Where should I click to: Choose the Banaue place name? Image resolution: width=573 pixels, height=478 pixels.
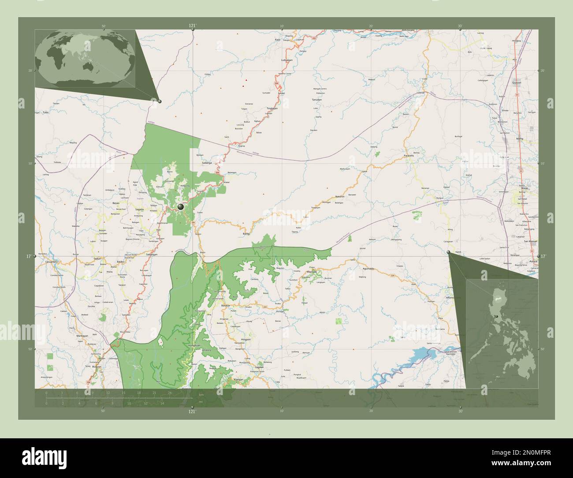coord(226,305)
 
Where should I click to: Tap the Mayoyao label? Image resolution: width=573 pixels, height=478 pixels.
coord(312,272)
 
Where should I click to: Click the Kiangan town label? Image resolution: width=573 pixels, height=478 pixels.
coord(238,379)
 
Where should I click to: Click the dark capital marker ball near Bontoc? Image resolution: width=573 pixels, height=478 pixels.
coord(181,206)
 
